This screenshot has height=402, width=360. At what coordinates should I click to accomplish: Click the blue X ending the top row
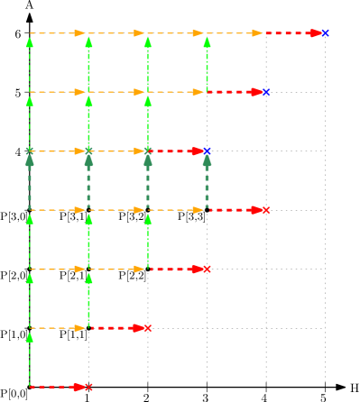pos(325,33)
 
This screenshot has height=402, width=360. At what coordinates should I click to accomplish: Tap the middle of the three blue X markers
pos(265,92)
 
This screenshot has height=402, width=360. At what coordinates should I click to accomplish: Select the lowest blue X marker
pos(207,151)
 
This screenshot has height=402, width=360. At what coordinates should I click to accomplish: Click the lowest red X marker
pos(88,387)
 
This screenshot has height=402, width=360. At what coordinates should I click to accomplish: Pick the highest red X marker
pos(265,210)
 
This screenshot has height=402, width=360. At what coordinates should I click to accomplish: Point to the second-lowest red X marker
pos(147,328)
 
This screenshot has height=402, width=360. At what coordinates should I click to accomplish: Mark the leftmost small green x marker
pos(30,151)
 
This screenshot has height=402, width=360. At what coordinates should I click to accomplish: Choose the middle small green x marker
pos(88,151)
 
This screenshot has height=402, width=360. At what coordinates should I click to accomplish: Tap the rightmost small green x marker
pos(148,151)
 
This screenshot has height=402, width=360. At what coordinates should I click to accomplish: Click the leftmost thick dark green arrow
pos(30,180)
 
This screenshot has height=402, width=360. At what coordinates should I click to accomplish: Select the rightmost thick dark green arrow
pos(207,180)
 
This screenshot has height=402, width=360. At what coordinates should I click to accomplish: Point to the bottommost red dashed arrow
pos(56,387)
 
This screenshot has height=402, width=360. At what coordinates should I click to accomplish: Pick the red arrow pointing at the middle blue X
pos(234,92)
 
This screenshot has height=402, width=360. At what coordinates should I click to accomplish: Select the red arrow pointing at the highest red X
pos(234,210)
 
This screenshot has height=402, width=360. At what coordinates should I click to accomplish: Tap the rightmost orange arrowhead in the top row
pos(257,33)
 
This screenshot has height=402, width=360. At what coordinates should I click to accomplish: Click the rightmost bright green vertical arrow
pos(207,63)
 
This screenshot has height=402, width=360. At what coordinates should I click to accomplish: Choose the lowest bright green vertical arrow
pos(30,358)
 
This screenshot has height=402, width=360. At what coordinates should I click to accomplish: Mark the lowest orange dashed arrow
pos(58,328)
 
